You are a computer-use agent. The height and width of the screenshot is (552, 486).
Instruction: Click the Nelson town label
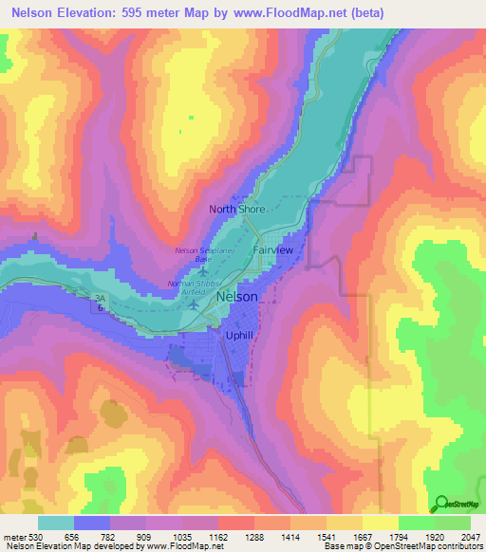236,297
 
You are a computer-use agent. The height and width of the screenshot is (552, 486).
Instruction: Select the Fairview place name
273,248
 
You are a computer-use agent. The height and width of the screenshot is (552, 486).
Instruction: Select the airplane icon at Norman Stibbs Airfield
196,304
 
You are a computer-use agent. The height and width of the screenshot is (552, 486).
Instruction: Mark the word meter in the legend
13,536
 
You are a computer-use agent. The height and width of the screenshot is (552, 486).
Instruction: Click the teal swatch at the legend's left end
56,523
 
